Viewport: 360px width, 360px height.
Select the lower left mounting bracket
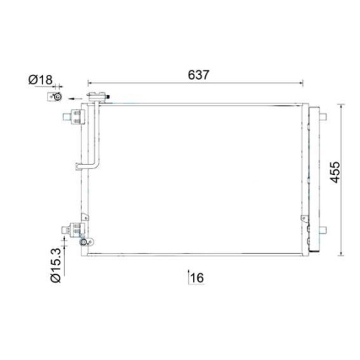74,228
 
